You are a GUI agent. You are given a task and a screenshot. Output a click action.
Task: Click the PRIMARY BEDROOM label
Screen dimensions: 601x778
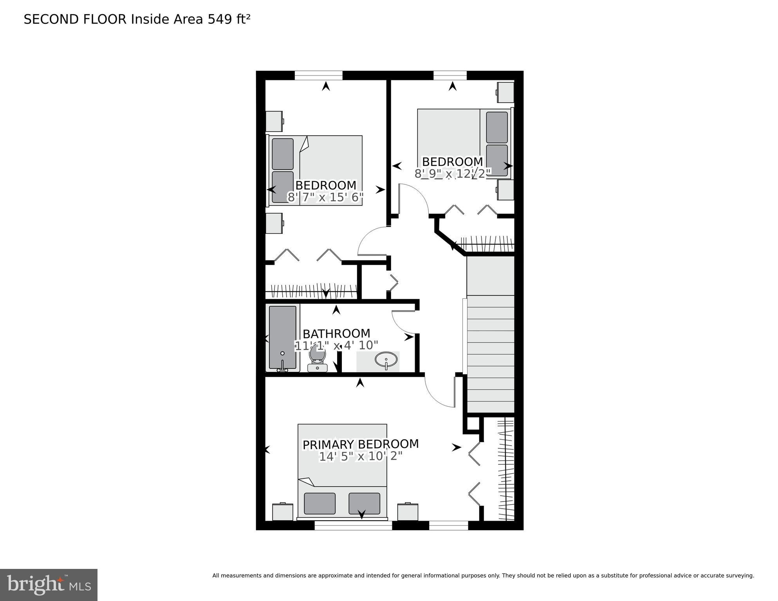360,444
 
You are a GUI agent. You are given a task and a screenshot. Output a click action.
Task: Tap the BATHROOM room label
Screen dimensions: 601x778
336,334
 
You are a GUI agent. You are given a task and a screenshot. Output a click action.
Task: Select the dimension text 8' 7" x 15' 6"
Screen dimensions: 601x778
325,197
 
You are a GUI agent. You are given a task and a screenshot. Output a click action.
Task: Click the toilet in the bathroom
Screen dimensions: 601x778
317,358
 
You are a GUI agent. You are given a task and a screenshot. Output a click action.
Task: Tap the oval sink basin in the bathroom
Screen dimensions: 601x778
386,359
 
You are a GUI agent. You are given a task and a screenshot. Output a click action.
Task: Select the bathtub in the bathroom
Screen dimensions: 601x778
282,337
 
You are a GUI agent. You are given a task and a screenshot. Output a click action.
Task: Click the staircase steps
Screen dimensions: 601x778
490,352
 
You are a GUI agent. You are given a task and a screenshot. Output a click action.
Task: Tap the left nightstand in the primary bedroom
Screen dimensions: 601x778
282,512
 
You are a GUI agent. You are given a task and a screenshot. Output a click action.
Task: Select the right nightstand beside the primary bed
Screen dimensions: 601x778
408,512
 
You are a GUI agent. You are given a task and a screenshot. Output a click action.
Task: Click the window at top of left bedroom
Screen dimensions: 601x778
318,75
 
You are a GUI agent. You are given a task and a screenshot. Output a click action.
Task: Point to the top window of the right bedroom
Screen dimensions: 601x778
450,75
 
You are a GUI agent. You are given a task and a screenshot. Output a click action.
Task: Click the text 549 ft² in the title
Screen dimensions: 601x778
229,19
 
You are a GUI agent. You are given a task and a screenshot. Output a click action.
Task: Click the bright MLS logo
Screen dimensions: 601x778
49,585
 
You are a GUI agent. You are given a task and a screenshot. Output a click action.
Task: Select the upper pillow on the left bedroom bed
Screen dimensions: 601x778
282,154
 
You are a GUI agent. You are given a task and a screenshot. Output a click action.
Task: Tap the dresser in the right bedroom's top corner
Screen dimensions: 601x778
505,92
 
